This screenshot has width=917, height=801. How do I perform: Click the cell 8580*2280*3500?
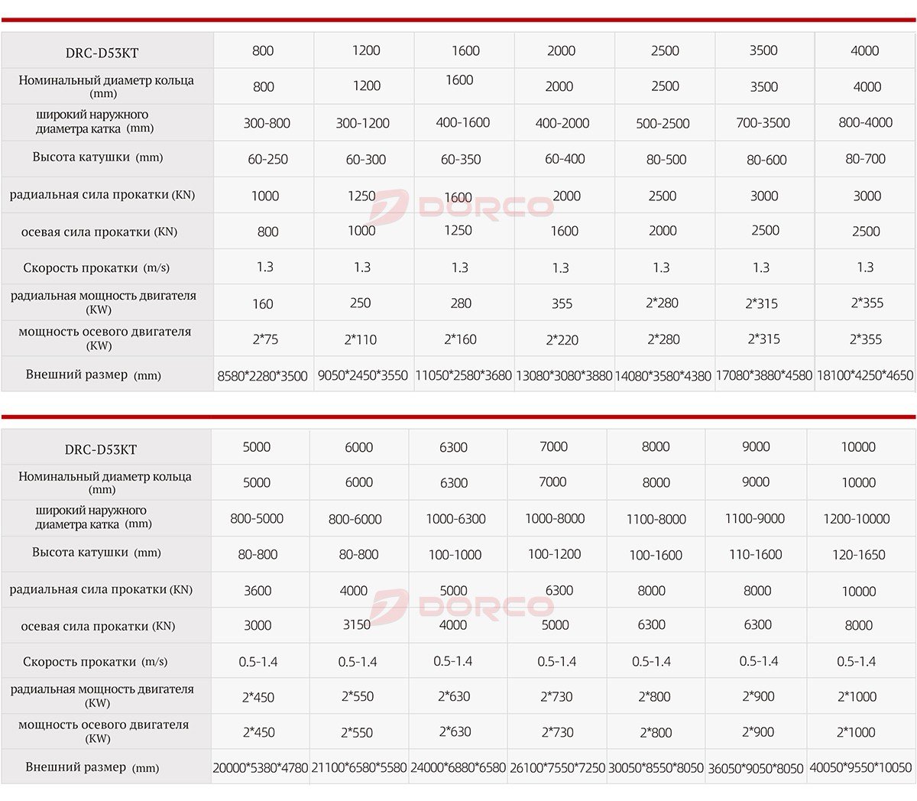pyautogui.click(x=263, y=376)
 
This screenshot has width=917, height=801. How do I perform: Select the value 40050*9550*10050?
pyautogui.click(x=860, y=767)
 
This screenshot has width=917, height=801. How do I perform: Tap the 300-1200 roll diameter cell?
pyautogui.click(x=363, y=123)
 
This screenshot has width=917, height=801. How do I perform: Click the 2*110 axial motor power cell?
pyautogui.click(x=361, y=339)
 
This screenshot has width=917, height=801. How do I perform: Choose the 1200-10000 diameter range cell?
pyautogui.click(x=857, y=519)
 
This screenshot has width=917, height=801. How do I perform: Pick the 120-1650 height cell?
pyautogui.click(x=859, y=555)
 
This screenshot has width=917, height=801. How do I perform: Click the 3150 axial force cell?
pyautogui.click(x=357, y=625)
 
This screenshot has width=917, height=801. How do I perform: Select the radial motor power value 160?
pyautogui.click(x=263, y=303)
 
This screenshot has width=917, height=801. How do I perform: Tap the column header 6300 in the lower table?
pyautogui.click(x=453, y=447)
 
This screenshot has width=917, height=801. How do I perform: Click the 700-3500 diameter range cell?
pyautogui.click(x=763, y=123)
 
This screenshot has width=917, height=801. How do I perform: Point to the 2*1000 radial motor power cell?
pyautogui.click(x=857, y=696)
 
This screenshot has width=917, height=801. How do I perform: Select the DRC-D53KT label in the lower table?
pyautogui.click(x=101, y=449)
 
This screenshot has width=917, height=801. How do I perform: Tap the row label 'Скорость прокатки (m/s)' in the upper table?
pyautogui.click(x=96, y=268)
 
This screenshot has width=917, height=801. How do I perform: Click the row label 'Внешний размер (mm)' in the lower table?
pyautogui.click(x=92, y=767)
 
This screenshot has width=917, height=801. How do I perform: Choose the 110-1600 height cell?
pyautogui.click(x=756, y=555)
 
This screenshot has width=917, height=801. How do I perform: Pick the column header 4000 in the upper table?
pyautogui.click(x=865, y=50)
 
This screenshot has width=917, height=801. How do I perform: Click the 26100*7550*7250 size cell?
pyautogui.click(x=558, y=767)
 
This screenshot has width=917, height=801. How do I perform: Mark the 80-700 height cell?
pyautogui.click(x=866, y=159)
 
